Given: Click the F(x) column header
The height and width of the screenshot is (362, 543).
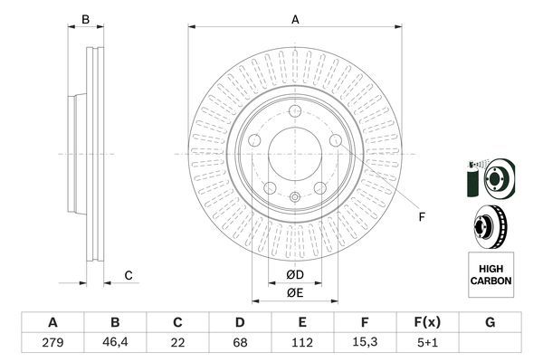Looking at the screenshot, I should [427, 322].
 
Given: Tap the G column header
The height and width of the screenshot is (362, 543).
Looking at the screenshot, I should [490, 322].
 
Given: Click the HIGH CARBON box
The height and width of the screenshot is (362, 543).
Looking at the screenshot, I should [491, 275].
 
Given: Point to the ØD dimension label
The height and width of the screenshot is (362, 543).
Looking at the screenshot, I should [295, 274].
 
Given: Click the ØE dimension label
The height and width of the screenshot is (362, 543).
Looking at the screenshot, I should [295, 292].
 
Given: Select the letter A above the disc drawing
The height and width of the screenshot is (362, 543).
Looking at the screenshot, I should [295, 19].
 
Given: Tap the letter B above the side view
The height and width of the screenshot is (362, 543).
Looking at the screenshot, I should [86, 19].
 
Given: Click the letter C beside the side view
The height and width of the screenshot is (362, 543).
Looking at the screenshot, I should [129, 275].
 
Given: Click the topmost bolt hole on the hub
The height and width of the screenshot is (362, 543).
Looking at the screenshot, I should [295, 112].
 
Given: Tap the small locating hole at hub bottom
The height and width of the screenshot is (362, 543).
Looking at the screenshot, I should [295, 197].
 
